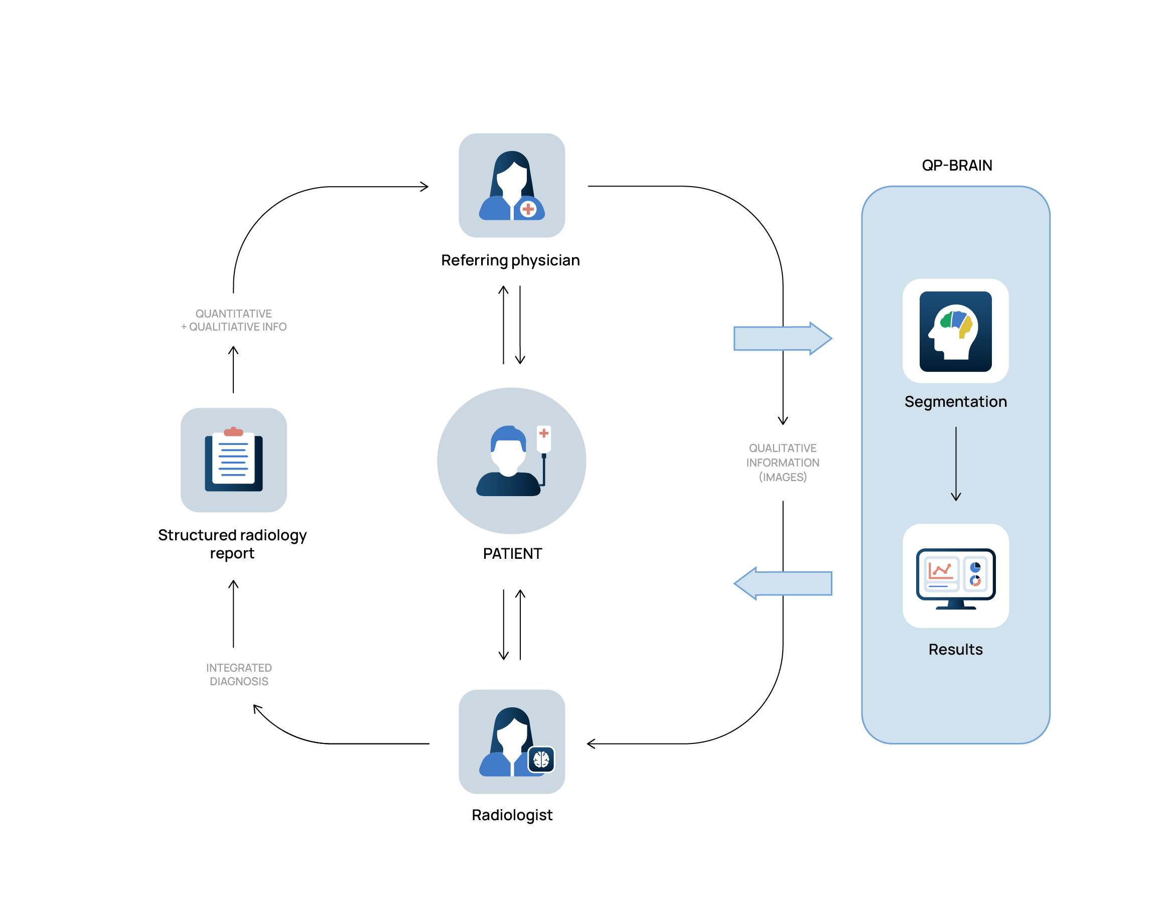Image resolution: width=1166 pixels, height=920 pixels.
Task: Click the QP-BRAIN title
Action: (956, 165)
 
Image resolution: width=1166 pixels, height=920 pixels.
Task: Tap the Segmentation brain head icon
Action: (955, 331)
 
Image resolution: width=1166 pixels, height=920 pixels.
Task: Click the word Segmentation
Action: (955, 402)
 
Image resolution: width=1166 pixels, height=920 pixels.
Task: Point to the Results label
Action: (955, 650)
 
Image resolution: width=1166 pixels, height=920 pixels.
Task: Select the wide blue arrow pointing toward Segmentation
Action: (782, 338)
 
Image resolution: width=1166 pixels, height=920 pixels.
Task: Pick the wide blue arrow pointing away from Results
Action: (782, 583)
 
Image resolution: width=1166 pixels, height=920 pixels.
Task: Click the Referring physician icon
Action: (511, 185)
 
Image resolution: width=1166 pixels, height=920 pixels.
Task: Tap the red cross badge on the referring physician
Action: (528, 209)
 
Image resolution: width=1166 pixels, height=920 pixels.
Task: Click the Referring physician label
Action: (510, 260)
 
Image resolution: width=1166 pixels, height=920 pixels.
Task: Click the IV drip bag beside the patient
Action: (544, 438)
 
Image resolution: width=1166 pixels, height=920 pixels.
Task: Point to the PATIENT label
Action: (512, 554)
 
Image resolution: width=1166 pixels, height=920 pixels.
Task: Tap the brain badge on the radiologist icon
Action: (541, 759)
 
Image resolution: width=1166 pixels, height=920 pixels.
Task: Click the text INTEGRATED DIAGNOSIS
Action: (239, 674)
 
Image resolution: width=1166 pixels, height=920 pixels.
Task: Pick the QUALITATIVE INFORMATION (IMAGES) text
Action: (782, 463)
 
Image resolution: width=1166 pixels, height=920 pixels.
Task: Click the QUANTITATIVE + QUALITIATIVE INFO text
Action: (233, 320)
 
